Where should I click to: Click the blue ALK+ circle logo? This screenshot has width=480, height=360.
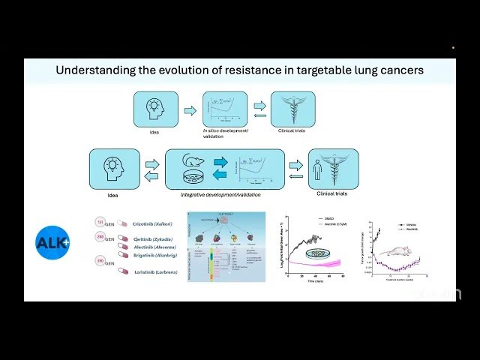(x=52, y=242)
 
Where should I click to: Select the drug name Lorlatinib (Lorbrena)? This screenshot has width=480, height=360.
(x=156, y=271)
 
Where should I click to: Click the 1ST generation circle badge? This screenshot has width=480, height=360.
(x=100, y=222)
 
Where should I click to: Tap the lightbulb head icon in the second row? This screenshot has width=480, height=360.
(x=114, y=168)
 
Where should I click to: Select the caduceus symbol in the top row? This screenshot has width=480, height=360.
(x=287, y=109)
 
